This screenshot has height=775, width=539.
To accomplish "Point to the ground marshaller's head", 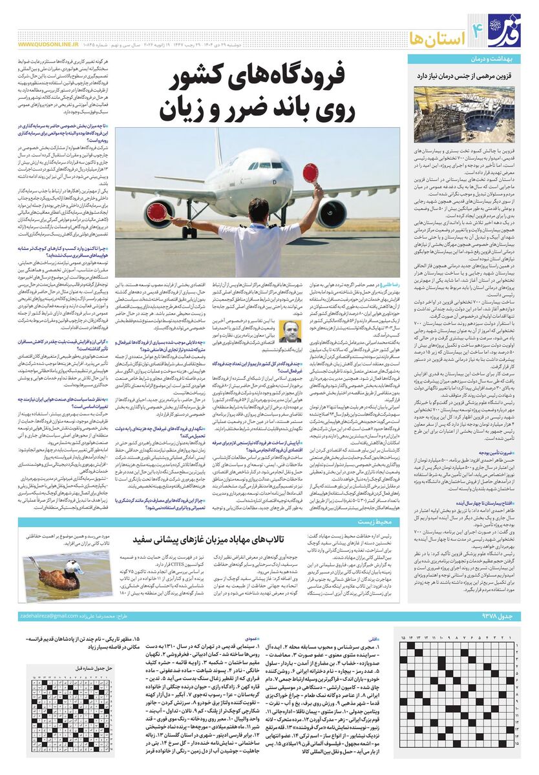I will click(258, 210).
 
